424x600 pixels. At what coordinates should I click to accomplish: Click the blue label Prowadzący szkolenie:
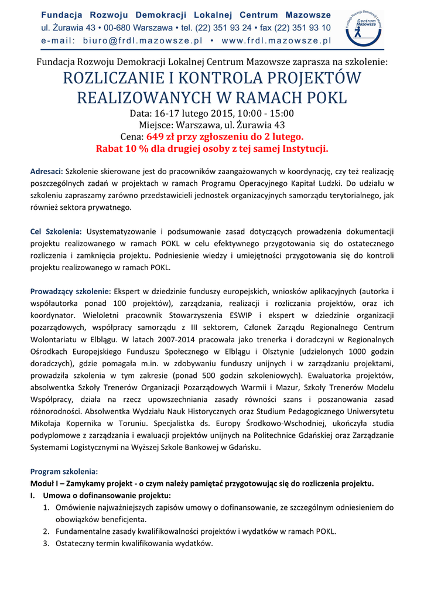click(70, 291)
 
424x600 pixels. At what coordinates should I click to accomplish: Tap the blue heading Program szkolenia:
click(64, 472)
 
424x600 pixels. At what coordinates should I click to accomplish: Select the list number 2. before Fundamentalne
click(46, 531)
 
